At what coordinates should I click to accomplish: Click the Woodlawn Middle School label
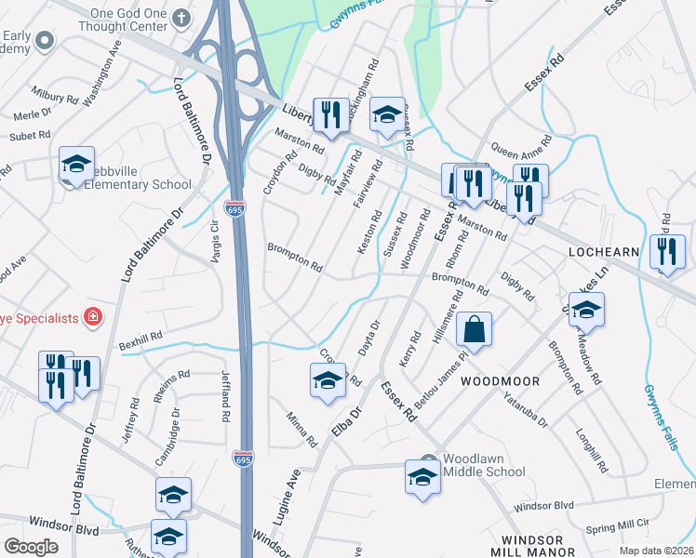tap(484, 465)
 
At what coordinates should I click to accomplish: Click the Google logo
tap(31, 547)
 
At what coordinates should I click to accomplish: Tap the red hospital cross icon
tap(93, 317)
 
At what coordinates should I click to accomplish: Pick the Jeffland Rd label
tap(225, 395)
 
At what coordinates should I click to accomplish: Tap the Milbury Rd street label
tap(55, 96)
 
